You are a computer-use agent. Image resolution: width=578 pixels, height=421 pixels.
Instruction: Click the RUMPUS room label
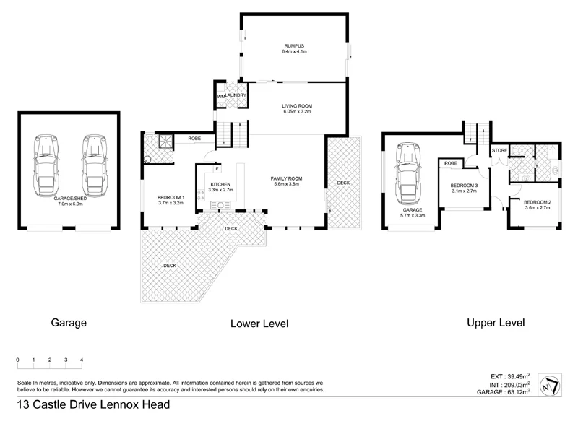click(x=295, y=48)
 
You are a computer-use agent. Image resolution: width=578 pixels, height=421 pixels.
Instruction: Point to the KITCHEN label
click(x=220, y=185)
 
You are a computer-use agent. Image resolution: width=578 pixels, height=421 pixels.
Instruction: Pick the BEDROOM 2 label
click(x=537, y=201)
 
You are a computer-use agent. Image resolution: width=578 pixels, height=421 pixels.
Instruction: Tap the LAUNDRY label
click(x=236, y=95)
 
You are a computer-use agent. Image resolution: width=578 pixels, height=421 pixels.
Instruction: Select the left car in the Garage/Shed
click(x=48, y=163)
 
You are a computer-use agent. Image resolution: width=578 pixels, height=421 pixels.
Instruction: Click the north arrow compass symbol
click(x=551, y=385)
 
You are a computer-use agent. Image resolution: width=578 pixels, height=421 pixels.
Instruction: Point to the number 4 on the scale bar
click(x=82, y=360)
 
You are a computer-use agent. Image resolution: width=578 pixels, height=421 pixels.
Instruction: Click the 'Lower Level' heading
click(x=259, y=324)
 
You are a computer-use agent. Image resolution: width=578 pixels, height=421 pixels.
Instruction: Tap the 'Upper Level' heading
click(x=496, y=323)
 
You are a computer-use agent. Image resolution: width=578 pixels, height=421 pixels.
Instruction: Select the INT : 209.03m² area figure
click(x=508, y=385)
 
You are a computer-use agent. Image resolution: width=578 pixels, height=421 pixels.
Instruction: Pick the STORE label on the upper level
click(x=500, y=150)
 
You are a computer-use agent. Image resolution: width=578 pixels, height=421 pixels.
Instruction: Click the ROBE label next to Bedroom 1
click(x=194, y=138)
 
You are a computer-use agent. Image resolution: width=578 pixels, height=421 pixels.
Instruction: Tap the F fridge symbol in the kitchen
click(x=216, y=169)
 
